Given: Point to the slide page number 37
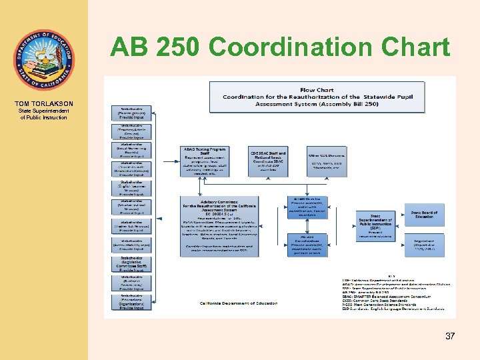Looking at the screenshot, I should (x=450, y=336).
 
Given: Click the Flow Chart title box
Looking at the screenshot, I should (x=317, y=97).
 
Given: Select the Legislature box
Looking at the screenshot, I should (x=425, y=243).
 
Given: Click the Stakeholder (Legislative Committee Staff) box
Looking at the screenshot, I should (x=131, y=263).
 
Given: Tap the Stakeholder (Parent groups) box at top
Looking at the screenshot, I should (x=131, y=113).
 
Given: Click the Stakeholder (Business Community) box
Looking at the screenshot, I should (x=131, y=283).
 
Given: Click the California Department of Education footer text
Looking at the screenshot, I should (x=239, y=303).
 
